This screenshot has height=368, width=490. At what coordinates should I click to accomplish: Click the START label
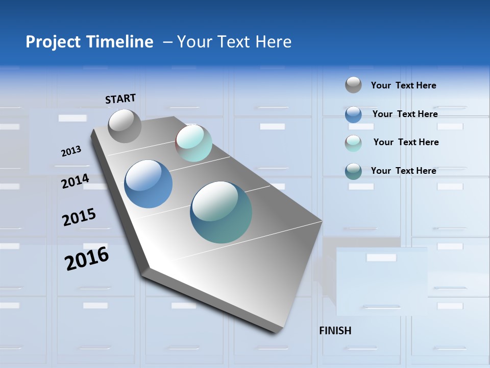coord(120,99)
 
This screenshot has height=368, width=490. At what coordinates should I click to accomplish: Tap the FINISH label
coord(335,331)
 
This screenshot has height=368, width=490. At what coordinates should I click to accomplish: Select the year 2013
coord(71,151)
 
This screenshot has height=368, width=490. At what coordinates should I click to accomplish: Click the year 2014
coord(75,181)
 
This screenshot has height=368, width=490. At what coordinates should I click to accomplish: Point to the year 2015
coord(79,217)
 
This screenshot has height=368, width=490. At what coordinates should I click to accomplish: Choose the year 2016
coord(87,258)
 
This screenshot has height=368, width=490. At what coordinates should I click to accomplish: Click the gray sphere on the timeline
coord(125,126)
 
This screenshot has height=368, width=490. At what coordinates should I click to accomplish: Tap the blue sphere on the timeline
coord(148,184)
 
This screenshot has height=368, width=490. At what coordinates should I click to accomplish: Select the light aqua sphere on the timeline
coord(193,143)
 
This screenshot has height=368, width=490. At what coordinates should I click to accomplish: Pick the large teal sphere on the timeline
coord(221,212)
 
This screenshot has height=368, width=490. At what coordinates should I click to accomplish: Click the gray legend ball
coord(353,85)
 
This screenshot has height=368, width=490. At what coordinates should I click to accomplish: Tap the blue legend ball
coord(353,114)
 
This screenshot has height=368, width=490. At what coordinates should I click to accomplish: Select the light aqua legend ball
coord(353,143)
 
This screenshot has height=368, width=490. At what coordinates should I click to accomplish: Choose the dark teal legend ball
coord(353,171)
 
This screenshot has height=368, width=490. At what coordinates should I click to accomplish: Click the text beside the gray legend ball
coord(403,85)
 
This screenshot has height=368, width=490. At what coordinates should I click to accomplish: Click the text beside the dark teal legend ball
coord(403,171)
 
